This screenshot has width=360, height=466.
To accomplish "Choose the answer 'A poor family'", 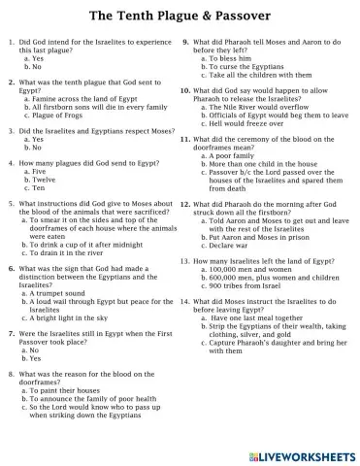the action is (237, 154).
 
